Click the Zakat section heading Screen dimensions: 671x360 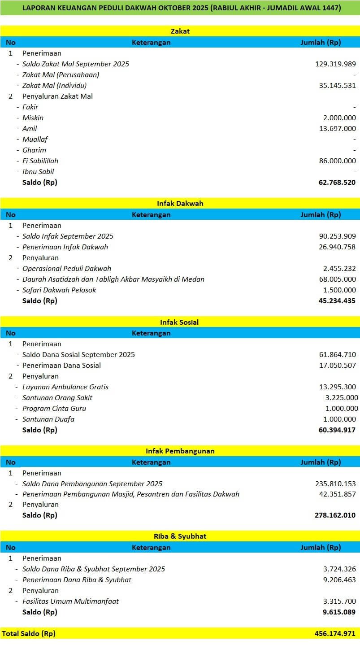coord(180,31)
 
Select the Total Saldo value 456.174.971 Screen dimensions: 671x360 coord(335,633)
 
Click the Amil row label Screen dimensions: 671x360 coord(30,128)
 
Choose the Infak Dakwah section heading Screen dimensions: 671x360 coord(180,204)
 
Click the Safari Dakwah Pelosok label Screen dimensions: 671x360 coord(59,290)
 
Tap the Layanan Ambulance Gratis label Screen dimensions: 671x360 coord(65,387)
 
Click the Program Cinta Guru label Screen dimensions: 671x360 coord(54,408)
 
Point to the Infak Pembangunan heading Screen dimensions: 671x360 coord(180,451)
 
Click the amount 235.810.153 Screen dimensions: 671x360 coord(335,484)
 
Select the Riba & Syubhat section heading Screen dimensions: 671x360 coord(180,536)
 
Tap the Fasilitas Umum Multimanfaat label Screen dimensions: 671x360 coord(70,601)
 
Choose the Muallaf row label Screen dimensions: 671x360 coord(35,139)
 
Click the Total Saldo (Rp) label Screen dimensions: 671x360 coord(29,633)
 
